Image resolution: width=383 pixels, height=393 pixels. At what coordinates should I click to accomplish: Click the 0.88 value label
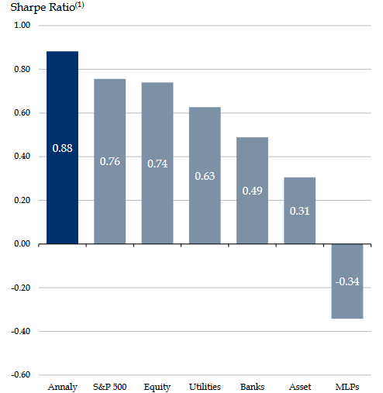click(x=62, y=148)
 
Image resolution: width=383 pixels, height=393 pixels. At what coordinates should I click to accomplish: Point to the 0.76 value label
click(x=109, y=161)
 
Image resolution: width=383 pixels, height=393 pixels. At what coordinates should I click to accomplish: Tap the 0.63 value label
click(x=205, y=176)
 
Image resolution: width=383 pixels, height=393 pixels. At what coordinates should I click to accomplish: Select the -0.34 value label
click(x=347, y=281)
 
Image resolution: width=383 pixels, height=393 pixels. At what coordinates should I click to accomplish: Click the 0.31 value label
click(x=299, y=211)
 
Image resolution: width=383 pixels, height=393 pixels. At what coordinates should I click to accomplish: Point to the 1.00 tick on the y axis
click(x=22, y=26)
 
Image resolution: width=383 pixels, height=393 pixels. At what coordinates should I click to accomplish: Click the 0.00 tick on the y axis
click(x=22, y=244)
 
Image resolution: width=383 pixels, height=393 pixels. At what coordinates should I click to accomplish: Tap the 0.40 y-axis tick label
click(x=22, y=157)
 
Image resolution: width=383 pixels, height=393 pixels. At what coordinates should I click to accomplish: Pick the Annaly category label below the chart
click(x=62, y=387)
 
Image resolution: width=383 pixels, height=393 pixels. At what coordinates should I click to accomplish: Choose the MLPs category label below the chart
click(x=347, y=387)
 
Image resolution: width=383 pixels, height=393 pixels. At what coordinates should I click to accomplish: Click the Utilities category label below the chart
click(x=205, y=387)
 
